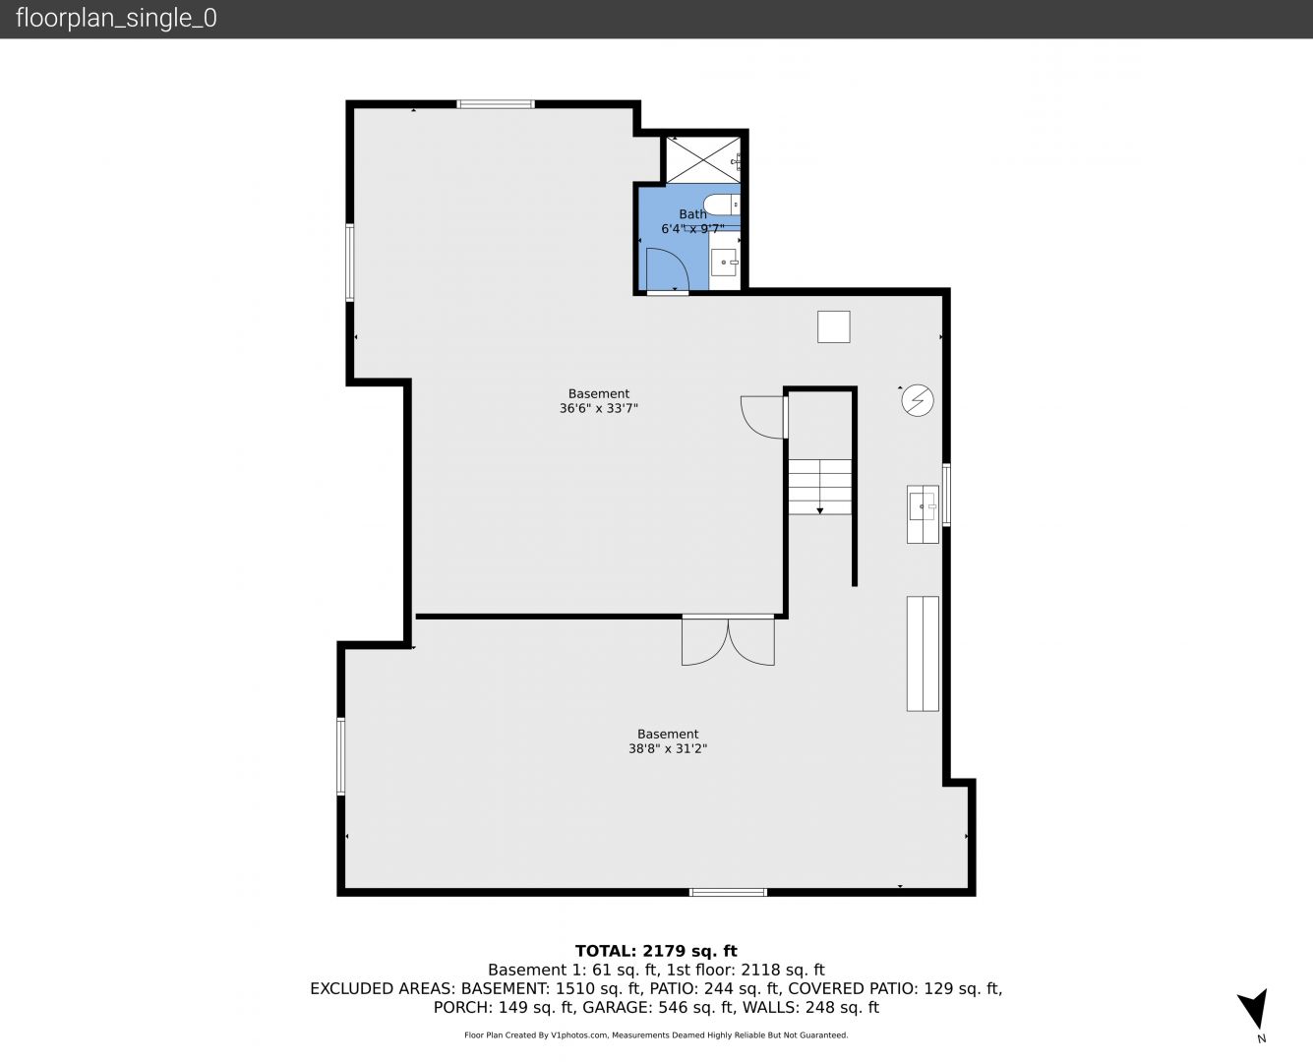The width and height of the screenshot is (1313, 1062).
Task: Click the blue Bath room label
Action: (692, 214)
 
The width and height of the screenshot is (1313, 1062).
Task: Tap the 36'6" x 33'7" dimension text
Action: (599, 408)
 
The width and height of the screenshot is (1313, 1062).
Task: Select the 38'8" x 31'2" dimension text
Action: (668, 749)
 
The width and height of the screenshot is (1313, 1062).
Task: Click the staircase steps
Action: (820, 487)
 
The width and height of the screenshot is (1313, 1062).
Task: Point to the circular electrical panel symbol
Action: (918, 400)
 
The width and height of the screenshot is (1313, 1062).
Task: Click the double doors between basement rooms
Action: (728, 641)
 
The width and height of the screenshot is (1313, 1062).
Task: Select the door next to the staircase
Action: (764, 417)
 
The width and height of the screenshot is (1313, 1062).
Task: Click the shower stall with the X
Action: (703, 160)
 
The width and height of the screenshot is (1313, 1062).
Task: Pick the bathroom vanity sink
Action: (724, 263)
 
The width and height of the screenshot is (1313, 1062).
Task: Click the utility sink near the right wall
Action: (923, 514)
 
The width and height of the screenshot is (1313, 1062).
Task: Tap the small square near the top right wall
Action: (833, 326)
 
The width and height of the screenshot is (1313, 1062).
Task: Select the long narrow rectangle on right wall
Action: (923, 653)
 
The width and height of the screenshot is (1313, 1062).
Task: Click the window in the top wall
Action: (496, 104)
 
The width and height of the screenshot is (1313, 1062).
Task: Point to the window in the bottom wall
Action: (728, 892)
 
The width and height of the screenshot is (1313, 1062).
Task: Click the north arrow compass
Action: (1254, 1010)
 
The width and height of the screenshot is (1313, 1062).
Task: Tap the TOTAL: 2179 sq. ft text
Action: (656, 951)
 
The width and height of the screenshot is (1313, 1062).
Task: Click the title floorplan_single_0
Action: (116, 19)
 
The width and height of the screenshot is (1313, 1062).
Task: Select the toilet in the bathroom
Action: (721, 205)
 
